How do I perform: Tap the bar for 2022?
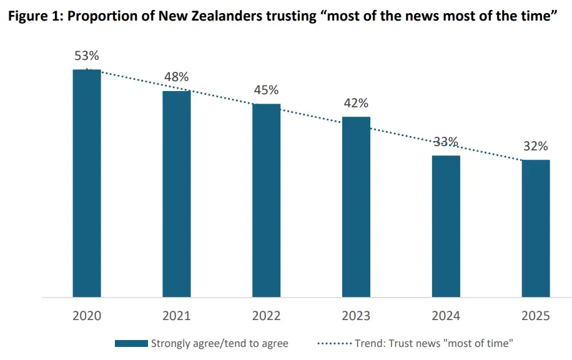click(x=267, y=200)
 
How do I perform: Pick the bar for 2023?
click(x=356, y=207)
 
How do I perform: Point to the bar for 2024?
click(x=446, y=226)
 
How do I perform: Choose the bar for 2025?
click(x=536, y=228)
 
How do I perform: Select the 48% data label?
click(x=177, y=77)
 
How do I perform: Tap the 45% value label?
click(x=267, y=90)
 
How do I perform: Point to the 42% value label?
click(x=356, y=103)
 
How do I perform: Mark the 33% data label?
click(x=446, y=142)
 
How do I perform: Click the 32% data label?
click(x=536, y=147)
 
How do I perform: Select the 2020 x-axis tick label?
click(x=87, y=316)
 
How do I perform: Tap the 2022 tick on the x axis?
click(x=267, y=316)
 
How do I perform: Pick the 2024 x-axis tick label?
click(x=446, y=316)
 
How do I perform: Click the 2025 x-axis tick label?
click(x=536, y=316)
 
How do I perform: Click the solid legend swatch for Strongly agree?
click(x=131, y=343)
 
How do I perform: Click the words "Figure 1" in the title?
click(x=32, y=17)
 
